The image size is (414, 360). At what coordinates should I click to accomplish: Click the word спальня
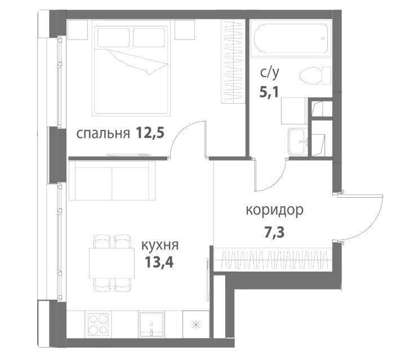pyautogui.click(x=103, y=134)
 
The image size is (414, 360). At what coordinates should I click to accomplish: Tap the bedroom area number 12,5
pyautogui.click(x=150, y=133)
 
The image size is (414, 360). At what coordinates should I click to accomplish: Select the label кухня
pyautogui.click(x=160, y=246)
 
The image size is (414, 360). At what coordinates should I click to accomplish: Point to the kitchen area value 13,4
pyautogui.click(x=159, y=263)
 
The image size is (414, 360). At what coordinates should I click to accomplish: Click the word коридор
pyautogui.click(x=275, y=211)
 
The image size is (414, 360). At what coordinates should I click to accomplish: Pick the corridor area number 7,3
pyautogui.click(x=275, y=233)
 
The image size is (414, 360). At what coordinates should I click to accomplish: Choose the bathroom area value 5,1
pyautogui.click(x=269, y=92)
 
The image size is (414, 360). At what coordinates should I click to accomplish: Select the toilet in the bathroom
pyautogui.click(x=315, y=75)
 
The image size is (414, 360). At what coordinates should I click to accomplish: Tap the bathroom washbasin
pyautogui.click(x=299, y=141)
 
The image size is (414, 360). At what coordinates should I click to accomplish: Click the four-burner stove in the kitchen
pyautogui.click(x=98, y=325)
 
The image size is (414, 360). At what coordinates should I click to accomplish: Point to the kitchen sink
pyautogui.click(x=152, y=325)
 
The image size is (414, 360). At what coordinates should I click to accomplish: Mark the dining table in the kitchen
pyautogui.click(x=112, y=263)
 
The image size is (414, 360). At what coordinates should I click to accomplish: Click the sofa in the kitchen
pyautogui.click(x=112, y=181)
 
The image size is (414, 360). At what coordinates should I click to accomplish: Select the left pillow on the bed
pyautogui.click(x=113, y=38)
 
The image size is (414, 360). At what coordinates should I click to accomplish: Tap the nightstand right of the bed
pyautogui.click(x=185, y=30)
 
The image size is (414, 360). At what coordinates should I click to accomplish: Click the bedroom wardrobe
pyautogui.click(x=232, y=61)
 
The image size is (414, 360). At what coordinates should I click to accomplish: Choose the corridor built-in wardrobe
pyautogui.click(x=273, y=260)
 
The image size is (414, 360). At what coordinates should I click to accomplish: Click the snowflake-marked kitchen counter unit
pyautogui.click(x=196, y=325)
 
